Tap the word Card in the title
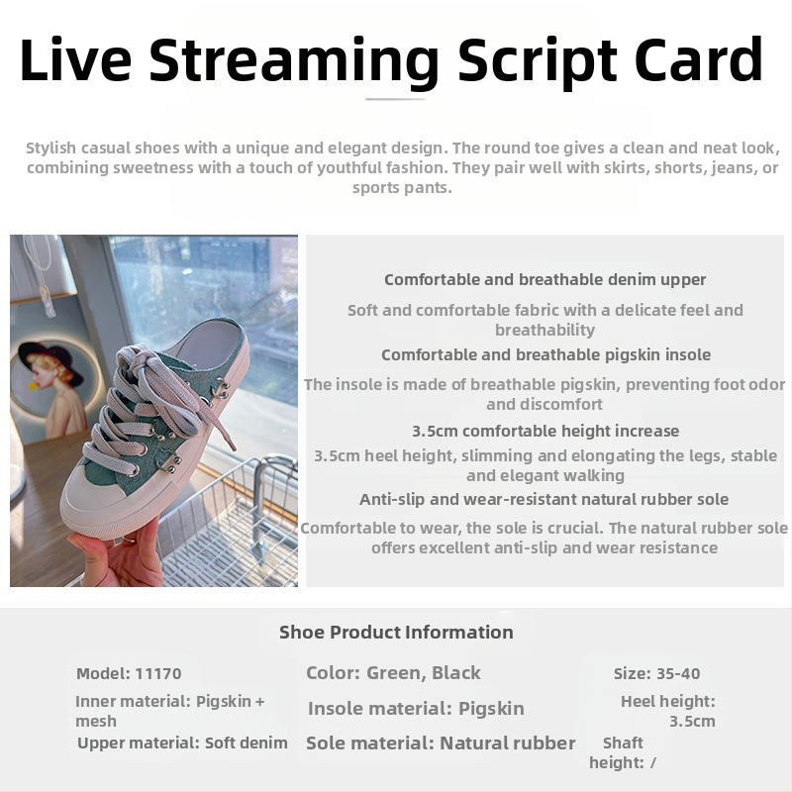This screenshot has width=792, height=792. [698, 58]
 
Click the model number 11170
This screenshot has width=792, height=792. [158, 673]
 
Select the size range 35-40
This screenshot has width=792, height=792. [678, 673]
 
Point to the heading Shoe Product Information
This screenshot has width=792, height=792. [396, 633]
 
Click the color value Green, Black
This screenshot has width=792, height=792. [424, 673]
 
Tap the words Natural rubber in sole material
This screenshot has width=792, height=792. [508, 743]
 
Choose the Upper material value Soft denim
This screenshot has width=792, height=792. [246, 743]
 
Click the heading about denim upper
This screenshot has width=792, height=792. [545, 280]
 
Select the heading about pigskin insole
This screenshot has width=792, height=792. [546, 355]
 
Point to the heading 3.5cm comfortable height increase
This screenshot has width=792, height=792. [545, 431]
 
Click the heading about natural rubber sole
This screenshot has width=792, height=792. [544, 500]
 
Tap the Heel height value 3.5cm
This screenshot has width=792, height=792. [692, 722]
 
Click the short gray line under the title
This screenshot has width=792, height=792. [395, 99]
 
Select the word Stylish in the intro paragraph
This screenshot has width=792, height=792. [51, 148]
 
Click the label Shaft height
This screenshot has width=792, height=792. [617, 752]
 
